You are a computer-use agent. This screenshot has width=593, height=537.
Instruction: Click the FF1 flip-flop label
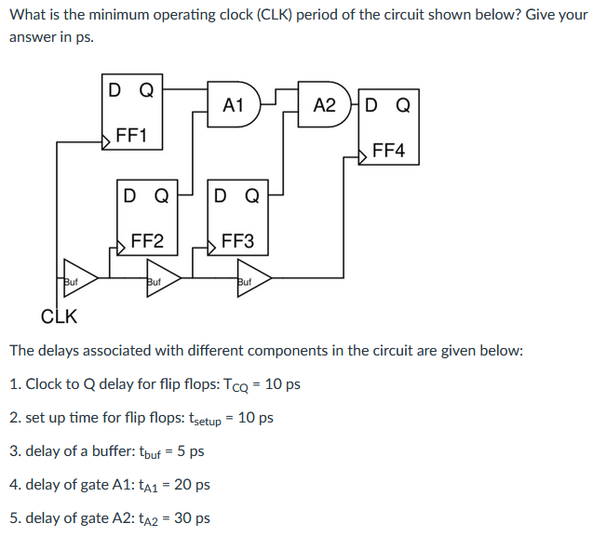131,137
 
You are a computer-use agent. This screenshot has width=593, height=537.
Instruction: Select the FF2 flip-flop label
147,242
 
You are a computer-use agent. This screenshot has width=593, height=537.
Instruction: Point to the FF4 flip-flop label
388,151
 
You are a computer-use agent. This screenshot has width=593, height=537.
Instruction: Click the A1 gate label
233,105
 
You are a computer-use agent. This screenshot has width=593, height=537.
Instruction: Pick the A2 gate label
324,105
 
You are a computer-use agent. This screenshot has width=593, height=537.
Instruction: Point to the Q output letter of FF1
146,91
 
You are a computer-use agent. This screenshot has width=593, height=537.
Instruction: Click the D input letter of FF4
373,105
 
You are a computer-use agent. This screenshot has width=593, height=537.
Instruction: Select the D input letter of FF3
221,196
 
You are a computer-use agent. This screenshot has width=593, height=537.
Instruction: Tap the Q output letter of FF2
160,196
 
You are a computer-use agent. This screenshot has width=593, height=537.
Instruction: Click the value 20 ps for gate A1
192,485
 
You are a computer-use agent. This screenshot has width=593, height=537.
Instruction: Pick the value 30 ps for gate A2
192,518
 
